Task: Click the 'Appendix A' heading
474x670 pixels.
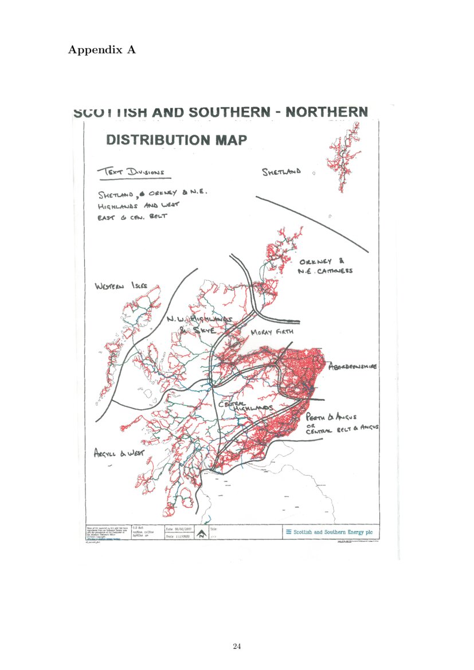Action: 101,50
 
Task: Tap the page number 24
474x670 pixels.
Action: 237,647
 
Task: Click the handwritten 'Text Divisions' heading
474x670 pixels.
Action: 131,171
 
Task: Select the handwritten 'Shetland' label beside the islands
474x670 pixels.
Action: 281,172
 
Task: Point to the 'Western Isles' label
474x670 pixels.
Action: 121,285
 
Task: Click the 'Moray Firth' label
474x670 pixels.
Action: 272,332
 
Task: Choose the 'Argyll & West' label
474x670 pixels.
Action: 119,453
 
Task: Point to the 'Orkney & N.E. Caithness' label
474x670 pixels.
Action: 324,267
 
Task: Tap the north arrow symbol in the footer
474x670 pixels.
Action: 201,534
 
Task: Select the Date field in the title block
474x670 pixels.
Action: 179,530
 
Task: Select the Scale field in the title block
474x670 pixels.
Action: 179,537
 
